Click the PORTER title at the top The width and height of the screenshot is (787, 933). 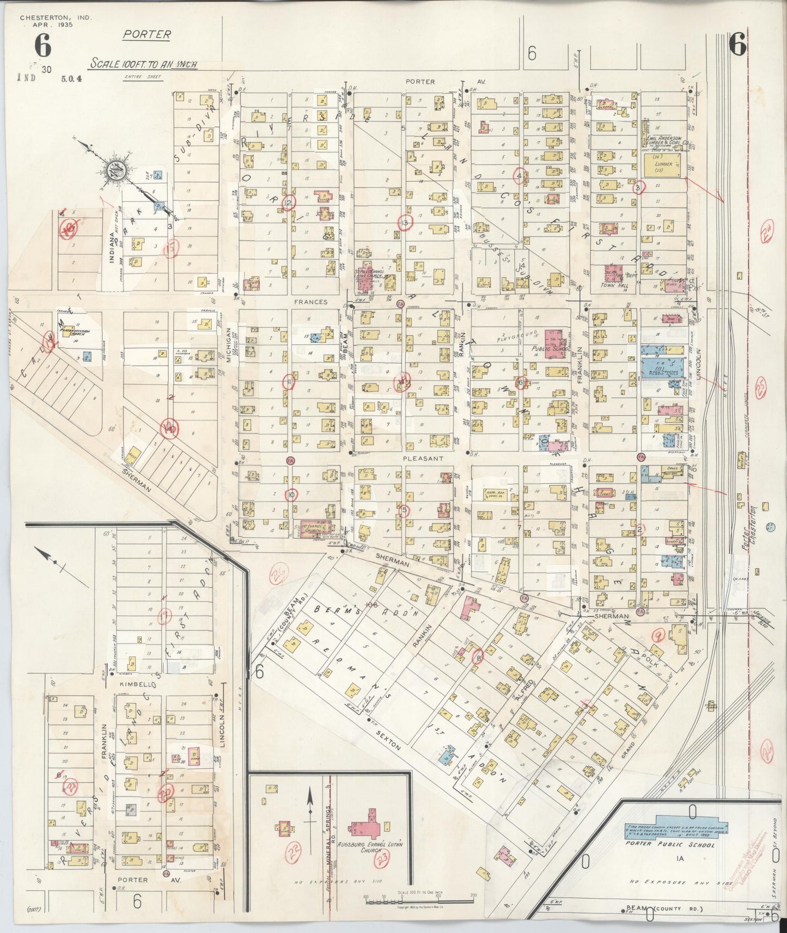pos(147,35)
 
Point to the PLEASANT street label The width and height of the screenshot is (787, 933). pos(420,459)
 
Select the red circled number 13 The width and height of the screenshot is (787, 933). pos(405,222)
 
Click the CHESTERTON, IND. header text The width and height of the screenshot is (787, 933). pos(56,18)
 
